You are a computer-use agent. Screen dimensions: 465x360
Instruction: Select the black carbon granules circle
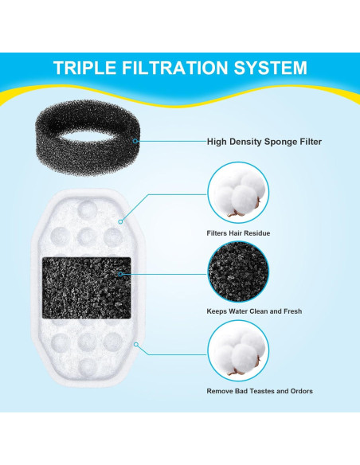(237, 271)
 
